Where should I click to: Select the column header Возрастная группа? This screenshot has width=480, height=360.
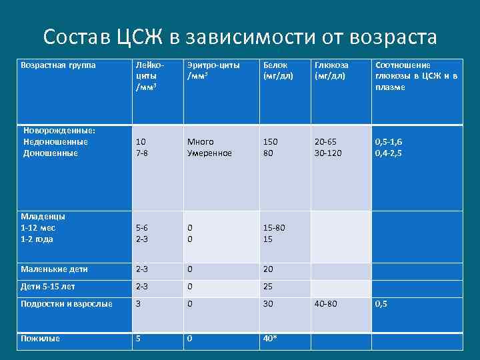(59, 65)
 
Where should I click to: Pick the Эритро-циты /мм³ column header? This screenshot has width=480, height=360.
(213, 71)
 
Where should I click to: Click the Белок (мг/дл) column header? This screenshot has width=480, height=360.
(279, 71)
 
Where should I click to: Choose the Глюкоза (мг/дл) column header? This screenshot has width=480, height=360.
(331, 71)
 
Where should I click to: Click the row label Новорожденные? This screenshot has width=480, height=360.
(59, 131)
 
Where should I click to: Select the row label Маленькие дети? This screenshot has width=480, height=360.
(55, 269)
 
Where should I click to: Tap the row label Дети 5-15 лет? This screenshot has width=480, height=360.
(48, 287)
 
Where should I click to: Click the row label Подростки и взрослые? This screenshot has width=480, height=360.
(67, 304)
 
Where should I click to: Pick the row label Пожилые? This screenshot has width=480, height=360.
(41, 339)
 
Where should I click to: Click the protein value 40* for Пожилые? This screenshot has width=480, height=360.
(271, 339)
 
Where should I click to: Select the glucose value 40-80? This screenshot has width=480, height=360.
(325, 304)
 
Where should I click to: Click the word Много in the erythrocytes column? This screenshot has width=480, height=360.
(200, 142)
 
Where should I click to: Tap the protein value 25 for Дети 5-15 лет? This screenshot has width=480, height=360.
(268, 287)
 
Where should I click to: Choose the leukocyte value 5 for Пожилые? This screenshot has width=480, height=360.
(138, 339)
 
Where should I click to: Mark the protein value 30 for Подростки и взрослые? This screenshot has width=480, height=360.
(268, 304)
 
